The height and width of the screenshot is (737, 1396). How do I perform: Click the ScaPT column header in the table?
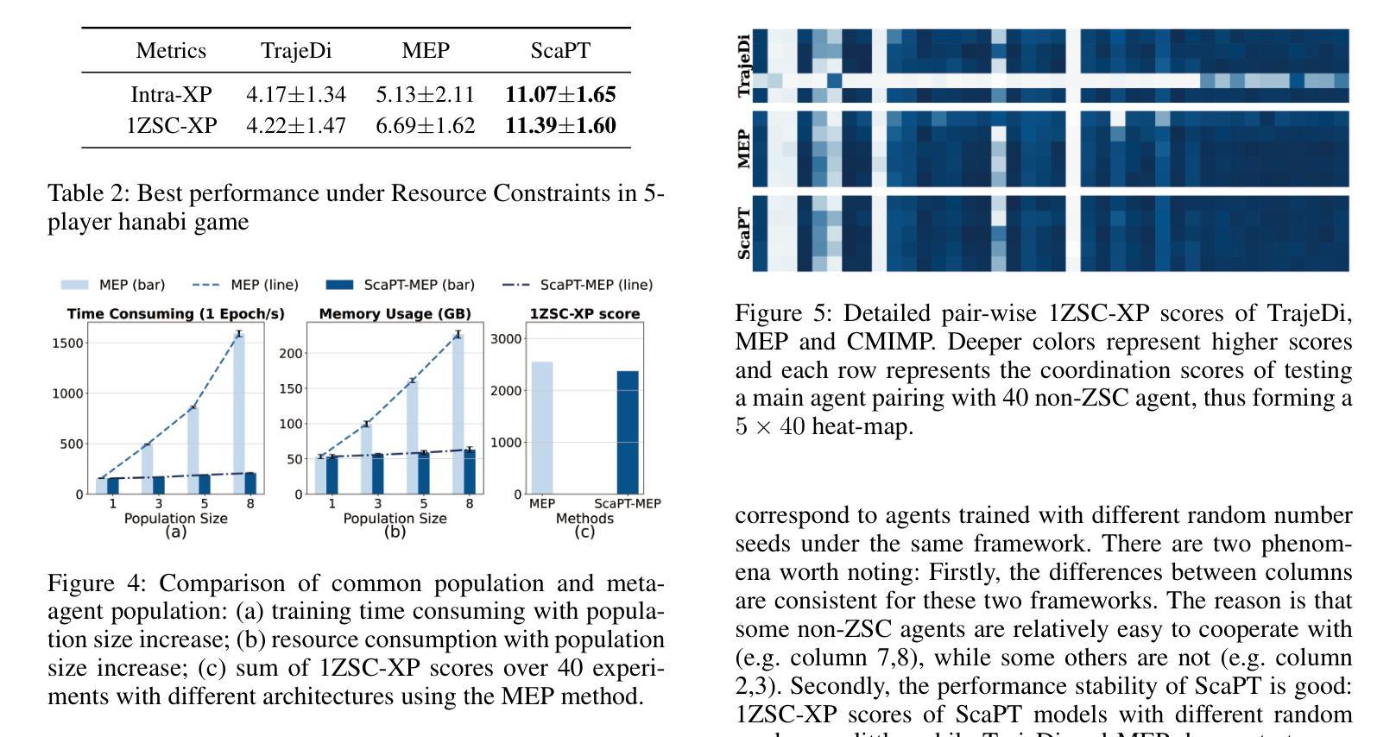560,51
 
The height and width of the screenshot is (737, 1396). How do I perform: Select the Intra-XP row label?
171,94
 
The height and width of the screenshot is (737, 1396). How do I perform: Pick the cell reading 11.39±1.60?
560,126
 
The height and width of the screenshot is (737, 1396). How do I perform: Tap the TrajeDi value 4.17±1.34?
295,94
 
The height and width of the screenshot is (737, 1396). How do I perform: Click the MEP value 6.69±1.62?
425,126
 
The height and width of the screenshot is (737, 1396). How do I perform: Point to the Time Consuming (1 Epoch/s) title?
175,313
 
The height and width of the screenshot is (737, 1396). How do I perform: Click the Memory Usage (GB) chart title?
395,313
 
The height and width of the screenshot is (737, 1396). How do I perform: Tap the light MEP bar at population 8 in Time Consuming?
239,414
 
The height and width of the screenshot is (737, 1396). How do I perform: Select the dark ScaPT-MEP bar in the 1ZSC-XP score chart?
628,431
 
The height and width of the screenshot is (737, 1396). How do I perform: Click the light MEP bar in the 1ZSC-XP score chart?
541,427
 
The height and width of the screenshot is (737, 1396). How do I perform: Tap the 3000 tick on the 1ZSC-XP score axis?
507,338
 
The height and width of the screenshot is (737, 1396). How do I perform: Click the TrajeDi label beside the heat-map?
743,66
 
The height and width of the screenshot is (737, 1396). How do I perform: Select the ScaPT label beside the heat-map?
743,233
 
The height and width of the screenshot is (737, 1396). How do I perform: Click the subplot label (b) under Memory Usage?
395,532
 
